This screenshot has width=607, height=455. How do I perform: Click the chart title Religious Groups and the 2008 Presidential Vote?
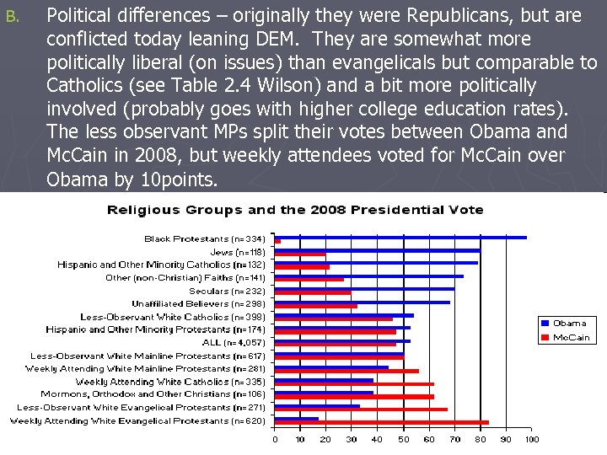point(294,210)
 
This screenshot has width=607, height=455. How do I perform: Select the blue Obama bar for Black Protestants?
point(400,238)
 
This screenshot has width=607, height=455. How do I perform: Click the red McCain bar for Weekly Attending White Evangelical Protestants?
point(382,422)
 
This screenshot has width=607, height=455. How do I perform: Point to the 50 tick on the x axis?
point(403,439)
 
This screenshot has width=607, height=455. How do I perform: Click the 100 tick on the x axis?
point(531,439)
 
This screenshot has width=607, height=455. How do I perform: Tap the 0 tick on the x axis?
point(275,439)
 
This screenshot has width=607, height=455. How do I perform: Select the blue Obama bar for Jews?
point(378,250)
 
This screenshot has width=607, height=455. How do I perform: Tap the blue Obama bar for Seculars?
point(364,289)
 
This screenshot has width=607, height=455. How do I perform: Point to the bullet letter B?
point(11,15)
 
